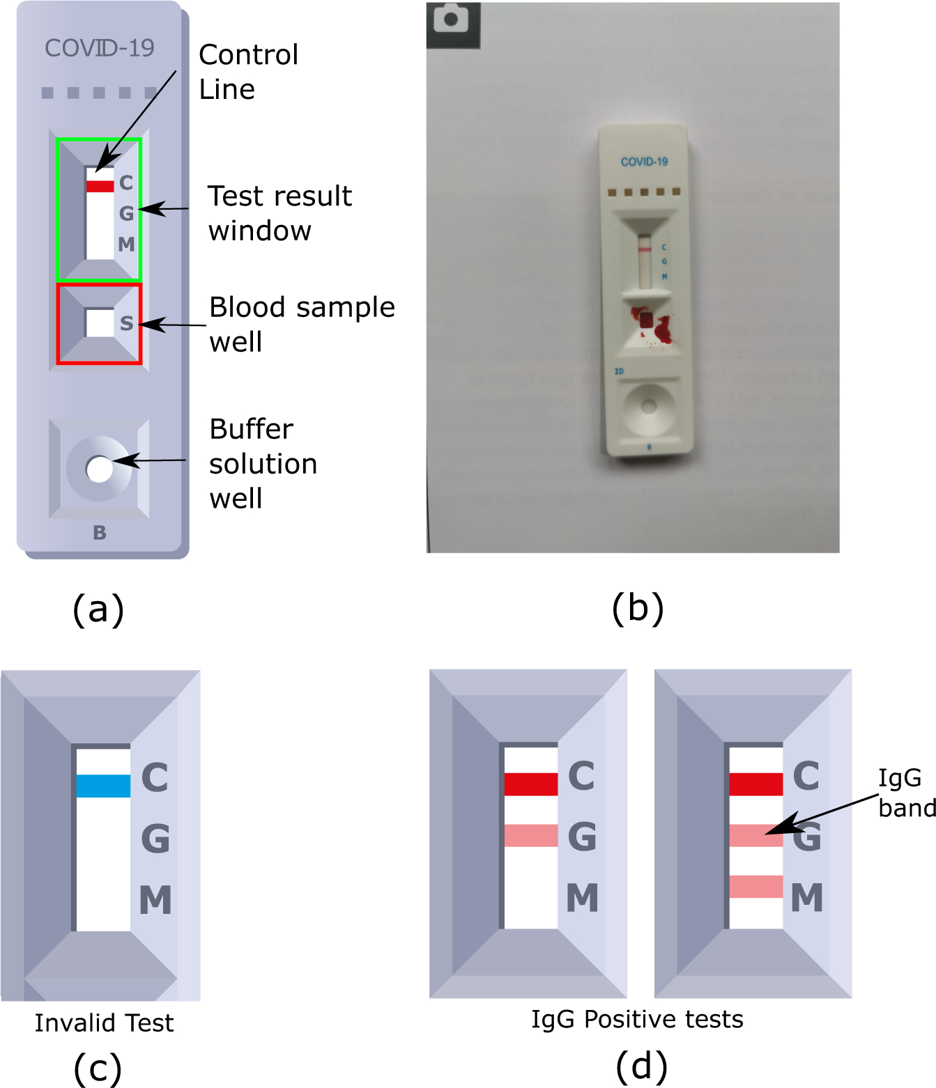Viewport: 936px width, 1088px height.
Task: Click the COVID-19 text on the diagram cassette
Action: (x=99, y=48)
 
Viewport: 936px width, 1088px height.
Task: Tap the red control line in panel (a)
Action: (x=100, y=186)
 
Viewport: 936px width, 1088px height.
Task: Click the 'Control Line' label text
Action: (x=248, y=72)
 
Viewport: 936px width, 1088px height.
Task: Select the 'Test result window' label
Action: (x=279, y=213)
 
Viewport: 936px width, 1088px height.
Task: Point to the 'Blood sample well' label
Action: (x=301, y=324)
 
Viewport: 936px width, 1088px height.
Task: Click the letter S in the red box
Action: (x=126, y=323)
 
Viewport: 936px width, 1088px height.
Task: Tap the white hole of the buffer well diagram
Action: (x=99, y=469)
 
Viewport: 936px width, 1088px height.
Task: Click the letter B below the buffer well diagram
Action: (x=100, y=533)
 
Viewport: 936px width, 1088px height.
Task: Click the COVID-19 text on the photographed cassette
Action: (x=644, y=162)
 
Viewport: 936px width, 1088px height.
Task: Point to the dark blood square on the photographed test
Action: (x=646, y=320)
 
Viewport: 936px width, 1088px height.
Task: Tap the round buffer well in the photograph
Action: (x=648, y=406)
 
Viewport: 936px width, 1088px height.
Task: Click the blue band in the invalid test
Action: (x=103, y=786)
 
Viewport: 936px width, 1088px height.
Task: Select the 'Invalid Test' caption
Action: (x=104, y=1023)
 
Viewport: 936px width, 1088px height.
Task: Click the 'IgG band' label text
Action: (x=906, y=793)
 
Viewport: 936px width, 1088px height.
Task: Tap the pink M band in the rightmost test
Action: (x=755, y=887)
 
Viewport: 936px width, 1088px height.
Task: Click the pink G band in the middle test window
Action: (x=530, y=835)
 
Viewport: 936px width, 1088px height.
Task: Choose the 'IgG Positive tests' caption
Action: (x=637, y=1019)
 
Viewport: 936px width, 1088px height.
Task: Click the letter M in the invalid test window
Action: (x=155, y=900)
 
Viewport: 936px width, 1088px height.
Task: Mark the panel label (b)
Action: (x=637, y=608)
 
